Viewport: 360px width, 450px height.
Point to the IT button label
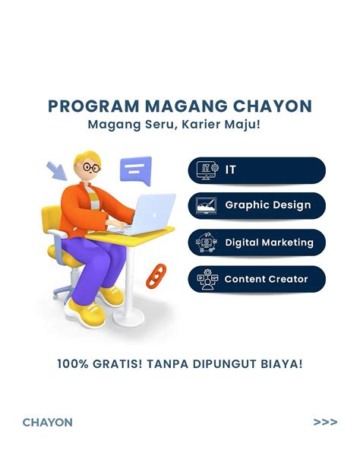click(230, 170)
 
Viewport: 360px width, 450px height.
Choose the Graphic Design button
click(257, 205)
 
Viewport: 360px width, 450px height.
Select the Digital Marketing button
click(257, 242)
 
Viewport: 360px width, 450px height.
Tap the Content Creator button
click(257, 279)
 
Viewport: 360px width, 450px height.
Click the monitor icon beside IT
click(207, 170)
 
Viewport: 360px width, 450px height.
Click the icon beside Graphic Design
click(207, 205)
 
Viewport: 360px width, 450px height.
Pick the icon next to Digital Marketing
click(207, 242)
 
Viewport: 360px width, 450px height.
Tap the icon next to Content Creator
click(207, 279)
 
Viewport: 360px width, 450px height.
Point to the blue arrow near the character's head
click(55, 170)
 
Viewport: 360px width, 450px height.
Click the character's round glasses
click(92, 167)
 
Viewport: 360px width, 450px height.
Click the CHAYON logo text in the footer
click(47, 422)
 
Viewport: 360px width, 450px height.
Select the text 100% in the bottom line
click(71, 364)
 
